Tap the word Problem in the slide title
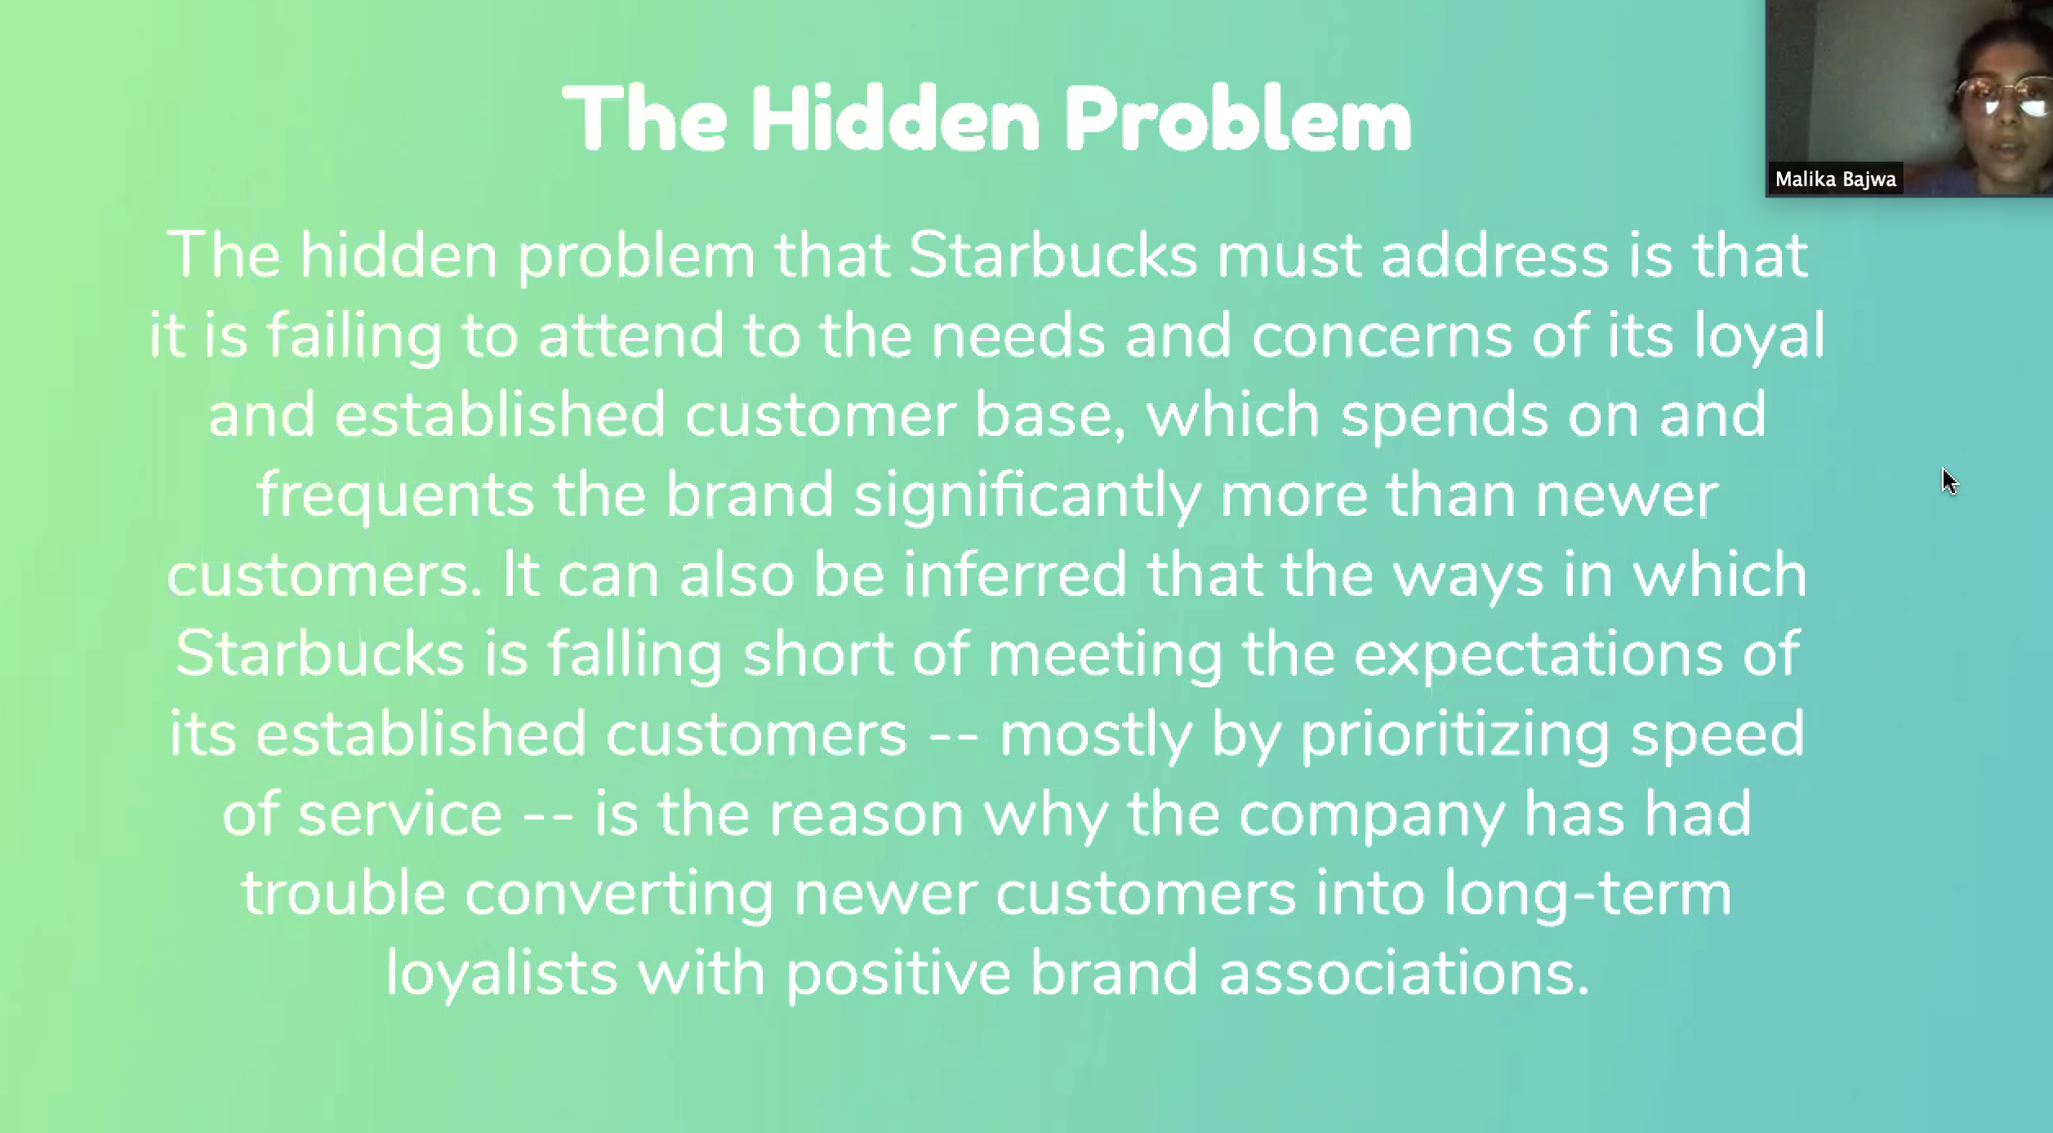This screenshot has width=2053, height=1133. (x=1238, y=119)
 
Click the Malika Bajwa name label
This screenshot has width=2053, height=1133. (x=1835, y=180)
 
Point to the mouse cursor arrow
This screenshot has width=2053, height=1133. (x=1950, y=482)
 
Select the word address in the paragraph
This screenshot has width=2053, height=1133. (x=1494, y=255)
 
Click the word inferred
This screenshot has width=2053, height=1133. (x=1015, y=574)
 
